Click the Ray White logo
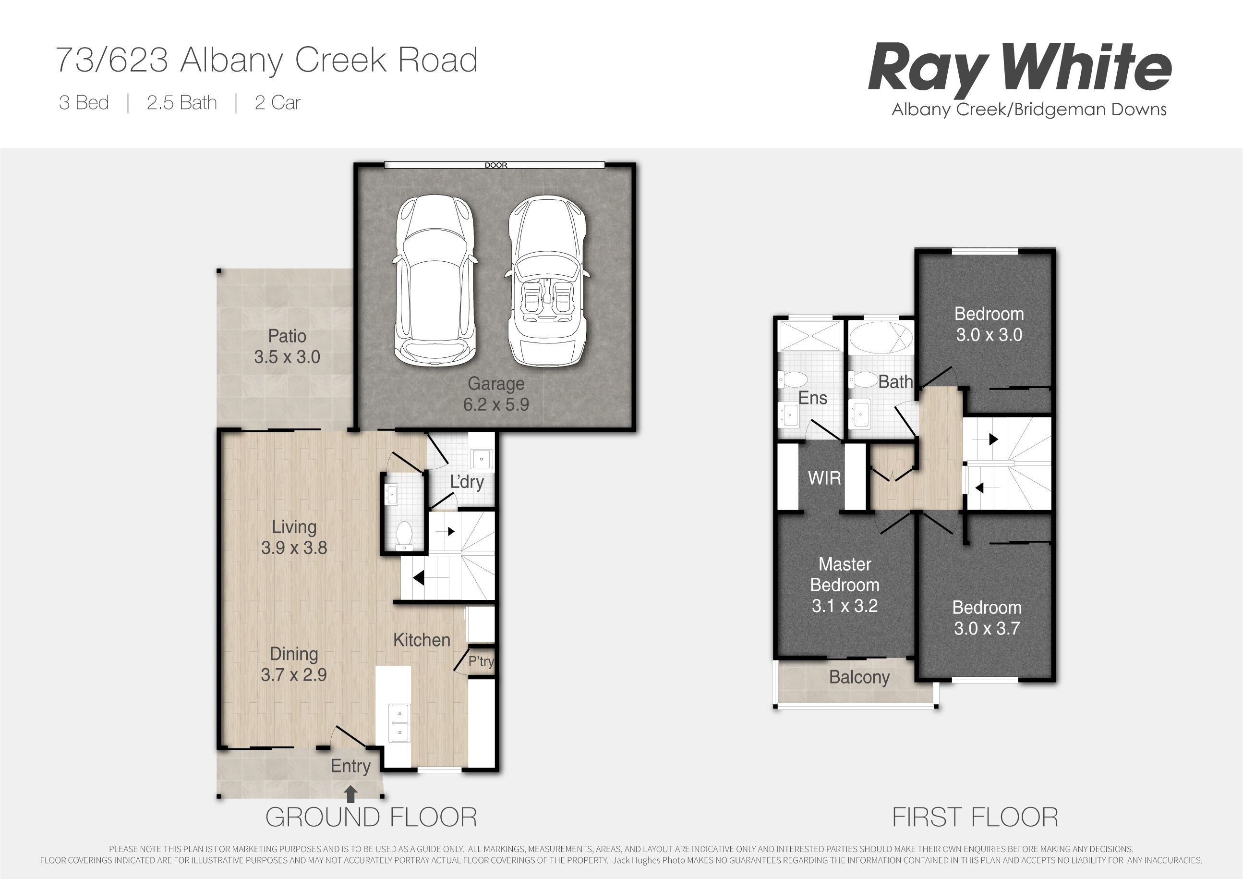click(x=1020, y=80)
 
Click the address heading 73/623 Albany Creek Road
click(x=267, y=60)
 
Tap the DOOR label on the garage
click(x=496, y=165)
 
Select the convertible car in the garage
click(x=547, y=281)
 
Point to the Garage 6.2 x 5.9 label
click(x=496, y=394)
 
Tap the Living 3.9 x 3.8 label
click(x=294, y=537)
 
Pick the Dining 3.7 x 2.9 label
click(x=293, y=664)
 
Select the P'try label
click(x=481, y=661)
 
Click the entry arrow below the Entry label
click(x=351, y=794)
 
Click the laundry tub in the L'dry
click(x=481, y=459)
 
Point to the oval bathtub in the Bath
click(x=881, y=339)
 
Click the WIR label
click(x=824, y=477)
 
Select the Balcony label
click(x=859, y=677)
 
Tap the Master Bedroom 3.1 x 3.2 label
click(x=845, y=585)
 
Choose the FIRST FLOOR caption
click(x=975, y=817)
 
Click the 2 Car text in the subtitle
click(x=277, y=103)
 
